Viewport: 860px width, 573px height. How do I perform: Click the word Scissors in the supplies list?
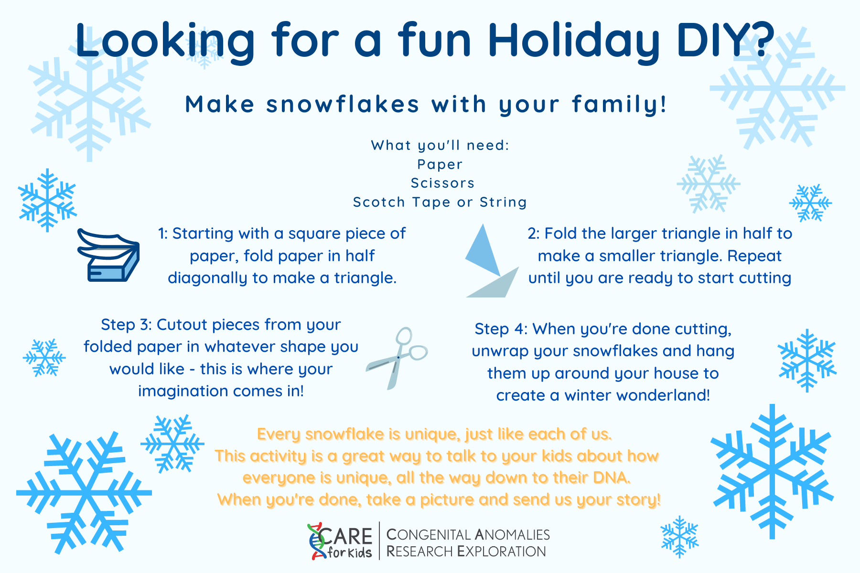(x=443, y=183)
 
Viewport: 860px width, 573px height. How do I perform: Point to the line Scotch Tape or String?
(x=440, y=202)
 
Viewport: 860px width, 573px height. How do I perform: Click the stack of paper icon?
(x=108, y=255)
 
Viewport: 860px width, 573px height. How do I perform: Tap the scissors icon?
(x=397, y=358)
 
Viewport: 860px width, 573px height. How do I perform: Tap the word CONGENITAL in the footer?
(x=429, y=534)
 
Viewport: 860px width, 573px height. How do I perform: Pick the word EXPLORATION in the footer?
(x=501, y=552)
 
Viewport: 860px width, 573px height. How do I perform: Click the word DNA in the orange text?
(x=612, y=477)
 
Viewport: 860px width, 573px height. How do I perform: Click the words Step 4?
(x=501, y=329)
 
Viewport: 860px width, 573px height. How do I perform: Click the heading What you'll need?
(x=440, y=145)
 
